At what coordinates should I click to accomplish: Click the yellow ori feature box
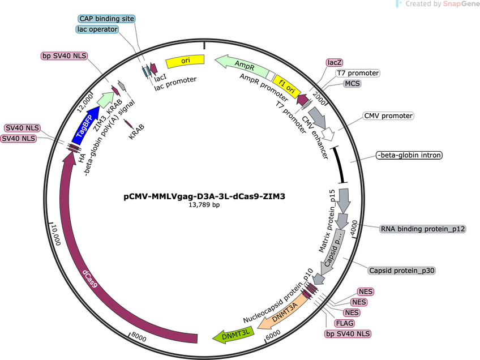pos(185,61)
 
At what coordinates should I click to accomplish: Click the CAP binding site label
pos(106,19)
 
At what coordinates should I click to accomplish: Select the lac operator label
pos(97,29)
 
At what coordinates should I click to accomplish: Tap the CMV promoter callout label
pos(388,115)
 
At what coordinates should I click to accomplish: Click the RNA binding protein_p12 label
pos(423,229)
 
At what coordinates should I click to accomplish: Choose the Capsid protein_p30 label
pos(402,271)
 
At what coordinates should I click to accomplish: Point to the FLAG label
pos(345,323)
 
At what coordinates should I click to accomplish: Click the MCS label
pos(352,84)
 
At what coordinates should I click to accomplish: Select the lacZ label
pos(335,62)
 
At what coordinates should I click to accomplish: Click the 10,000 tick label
pos(56,235)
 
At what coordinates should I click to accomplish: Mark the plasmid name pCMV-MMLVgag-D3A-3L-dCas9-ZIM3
pos(204,196)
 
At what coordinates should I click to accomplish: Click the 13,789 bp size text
pos(204,204)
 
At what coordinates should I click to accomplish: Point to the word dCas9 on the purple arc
pos(90,278)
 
